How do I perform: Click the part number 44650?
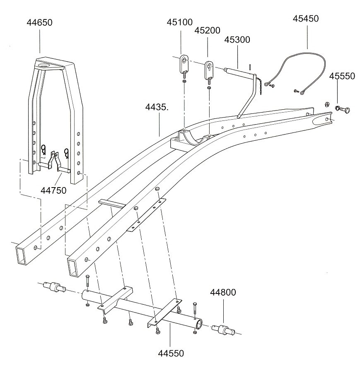coord(39,23)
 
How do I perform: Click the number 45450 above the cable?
coord(306,19)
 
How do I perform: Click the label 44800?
coord(223,293)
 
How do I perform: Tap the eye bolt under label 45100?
coord(184,66)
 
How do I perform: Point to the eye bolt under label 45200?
coord(209,70)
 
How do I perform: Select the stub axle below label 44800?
coord(223,330)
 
